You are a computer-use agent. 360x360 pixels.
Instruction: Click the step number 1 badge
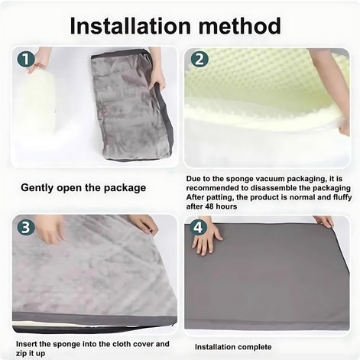click(26, 60)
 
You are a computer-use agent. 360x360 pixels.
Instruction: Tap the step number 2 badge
click(199, 59)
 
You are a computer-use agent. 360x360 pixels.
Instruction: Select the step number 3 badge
click(26, 227)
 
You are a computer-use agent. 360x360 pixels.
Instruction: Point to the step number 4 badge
click(198, 227)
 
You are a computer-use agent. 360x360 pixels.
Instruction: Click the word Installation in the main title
click(130, 26)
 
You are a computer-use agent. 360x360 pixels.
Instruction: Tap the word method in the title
click(240, 26)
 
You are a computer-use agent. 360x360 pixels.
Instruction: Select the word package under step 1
click(125, 188)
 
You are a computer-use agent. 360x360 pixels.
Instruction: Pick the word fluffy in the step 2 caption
click(342, 197)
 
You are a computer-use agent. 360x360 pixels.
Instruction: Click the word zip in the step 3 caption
click(21, 354)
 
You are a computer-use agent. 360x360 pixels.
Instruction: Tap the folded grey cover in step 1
click(132, 105)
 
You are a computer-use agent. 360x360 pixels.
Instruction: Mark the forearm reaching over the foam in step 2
click(331, 86)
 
